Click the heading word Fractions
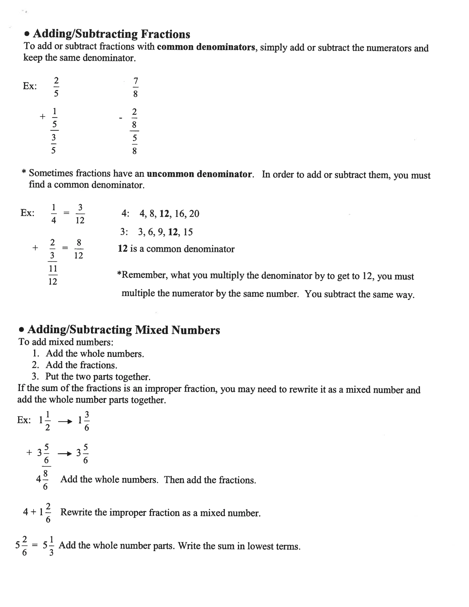point(165,34)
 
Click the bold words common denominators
point(206,47)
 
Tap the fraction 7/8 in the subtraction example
point(135,87)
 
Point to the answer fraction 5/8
point(134,145)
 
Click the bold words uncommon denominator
point(199,174)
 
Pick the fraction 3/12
point(80,214)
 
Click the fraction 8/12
point(79,249)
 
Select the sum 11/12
point(53,275)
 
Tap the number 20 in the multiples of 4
point(194,213)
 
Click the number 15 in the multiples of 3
point(188,232)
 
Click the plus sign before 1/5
point(42,116)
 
